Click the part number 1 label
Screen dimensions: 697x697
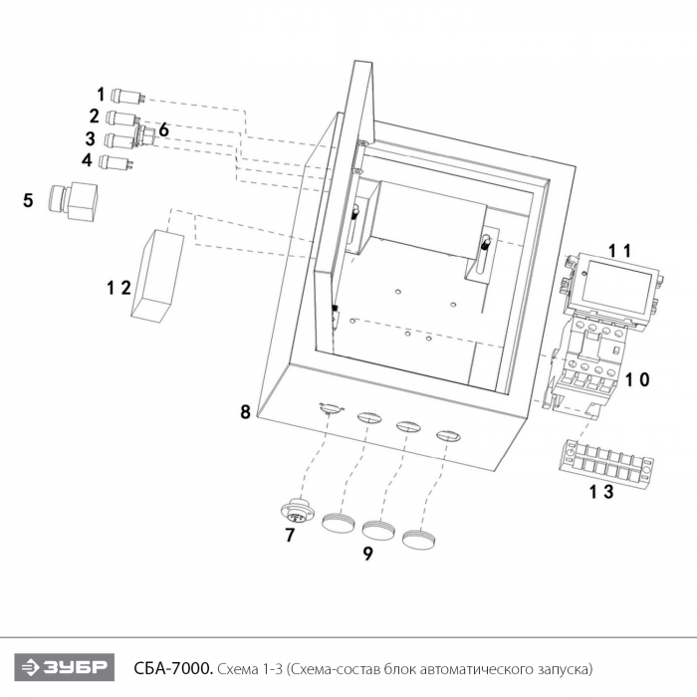101,95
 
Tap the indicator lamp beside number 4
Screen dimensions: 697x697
116,162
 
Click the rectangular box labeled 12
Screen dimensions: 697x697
157,276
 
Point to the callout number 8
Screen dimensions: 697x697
245,412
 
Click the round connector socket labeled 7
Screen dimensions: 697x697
298,514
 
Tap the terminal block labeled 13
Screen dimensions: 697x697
605,465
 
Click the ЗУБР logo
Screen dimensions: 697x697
65,667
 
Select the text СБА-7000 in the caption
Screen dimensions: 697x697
173,668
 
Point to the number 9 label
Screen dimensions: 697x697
367,554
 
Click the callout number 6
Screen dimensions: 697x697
163,130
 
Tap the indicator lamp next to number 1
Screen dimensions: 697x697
127,96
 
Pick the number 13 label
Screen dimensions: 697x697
601,492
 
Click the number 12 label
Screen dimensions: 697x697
118,288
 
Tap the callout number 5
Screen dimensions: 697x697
28,200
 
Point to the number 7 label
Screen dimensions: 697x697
290,536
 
